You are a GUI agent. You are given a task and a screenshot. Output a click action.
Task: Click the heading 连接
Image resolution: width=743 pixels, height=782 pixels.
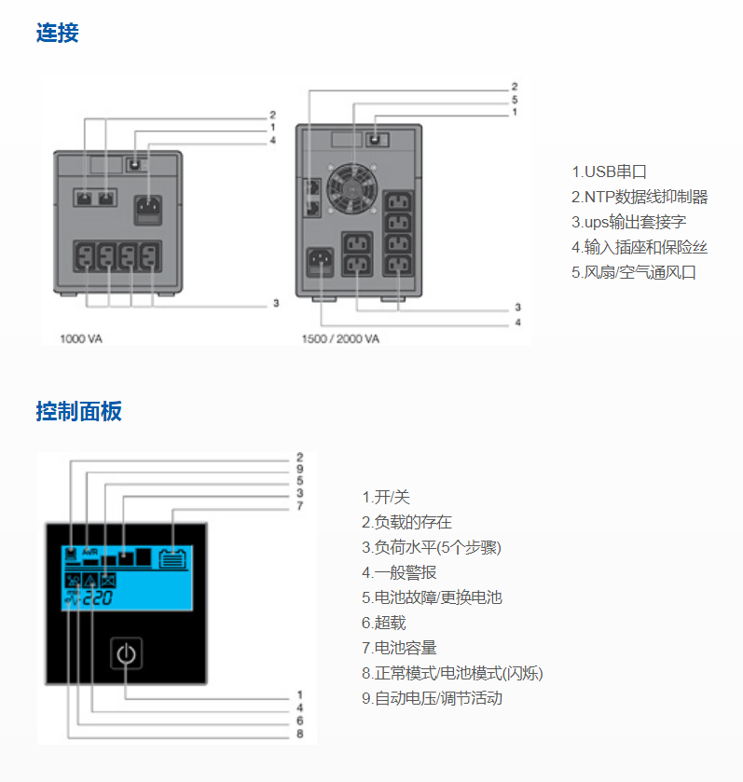pos(57,34)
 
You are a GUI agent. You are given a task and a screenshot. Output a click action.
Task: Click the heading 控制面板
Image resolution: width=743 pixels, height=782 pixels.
pos(78,411)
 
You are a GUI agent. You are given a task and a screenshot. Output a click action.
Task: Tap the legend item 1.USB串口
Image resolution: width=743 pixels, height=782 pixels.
pos(609,171)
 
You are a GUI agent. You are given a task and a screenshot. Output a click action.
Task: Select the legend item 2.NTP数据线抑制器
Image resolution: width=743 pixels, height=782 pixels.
pos(640,197)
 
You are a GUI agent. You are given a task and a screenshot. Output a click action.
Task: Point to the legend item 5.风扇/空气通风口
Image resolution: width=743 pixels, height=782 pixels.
pos(634,272)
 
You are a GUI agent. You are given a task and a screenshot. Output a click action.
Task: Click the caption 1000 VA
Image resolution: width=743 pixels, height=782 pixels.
pos(81,338)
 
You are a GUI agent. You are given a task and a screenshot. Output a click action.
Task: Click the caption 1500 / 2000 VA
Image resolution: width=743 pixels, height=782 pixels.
pos(340,338)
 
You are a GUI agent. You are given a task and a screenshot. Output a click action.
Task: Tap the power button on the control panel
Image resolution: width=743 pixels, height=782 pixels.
pos(128,654)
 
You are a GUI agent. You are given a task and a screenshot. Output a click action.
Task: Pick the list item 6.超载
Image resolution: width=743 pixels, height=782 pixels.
pos(384,623)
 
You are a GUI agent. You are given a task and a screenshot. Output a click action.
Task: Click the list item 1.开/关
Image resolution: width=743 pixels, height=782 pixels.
pos(385,497)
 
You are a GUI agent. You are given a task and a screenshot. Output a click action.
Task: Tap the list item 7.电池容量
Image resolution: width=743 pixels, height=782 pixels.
pos(399,648)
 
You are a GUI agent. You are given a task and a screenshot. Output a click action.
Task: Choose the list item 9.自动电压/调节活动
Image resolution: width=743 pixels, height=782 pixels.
pos(432,698)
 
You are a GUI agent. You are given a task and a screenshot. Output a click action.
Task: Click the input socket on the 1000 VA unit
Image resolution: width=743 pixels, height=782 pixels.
pos(147,207)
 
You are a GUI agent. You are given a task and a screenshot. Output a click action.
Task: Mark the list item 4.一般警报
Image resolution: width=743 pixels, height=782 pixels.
pos(399,572)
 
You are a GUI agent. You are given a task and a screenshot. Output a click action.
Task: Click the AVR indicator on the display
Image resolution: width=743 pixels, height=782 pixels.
pos(90,552)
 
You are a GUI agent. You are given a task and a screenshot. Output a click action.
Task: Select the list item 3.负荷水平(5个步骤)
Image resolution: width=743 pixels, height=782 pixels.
pos(424,547)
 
